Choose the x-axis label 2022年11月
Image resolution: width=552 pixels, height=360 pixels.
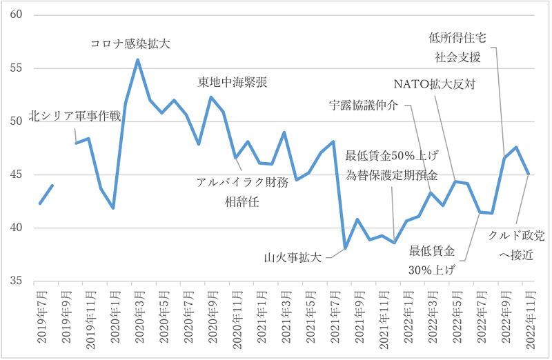pos(527,317)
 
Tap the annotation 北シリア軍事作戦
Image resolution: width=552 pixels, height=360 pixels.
pos(75,117)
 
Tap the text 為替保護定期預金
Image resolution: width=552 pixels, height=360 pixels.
pos(392,175)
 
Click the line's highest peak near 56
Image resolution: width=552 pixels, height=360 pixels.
pos(137,59)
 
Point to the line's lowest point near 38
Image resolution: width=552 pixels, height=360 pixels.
pos(345,249)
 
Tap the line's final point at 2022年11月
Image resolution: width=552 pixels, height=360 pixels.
pos(528,174)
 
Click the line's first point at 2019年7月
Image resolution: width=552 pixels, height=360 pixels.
pos(40,203)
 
